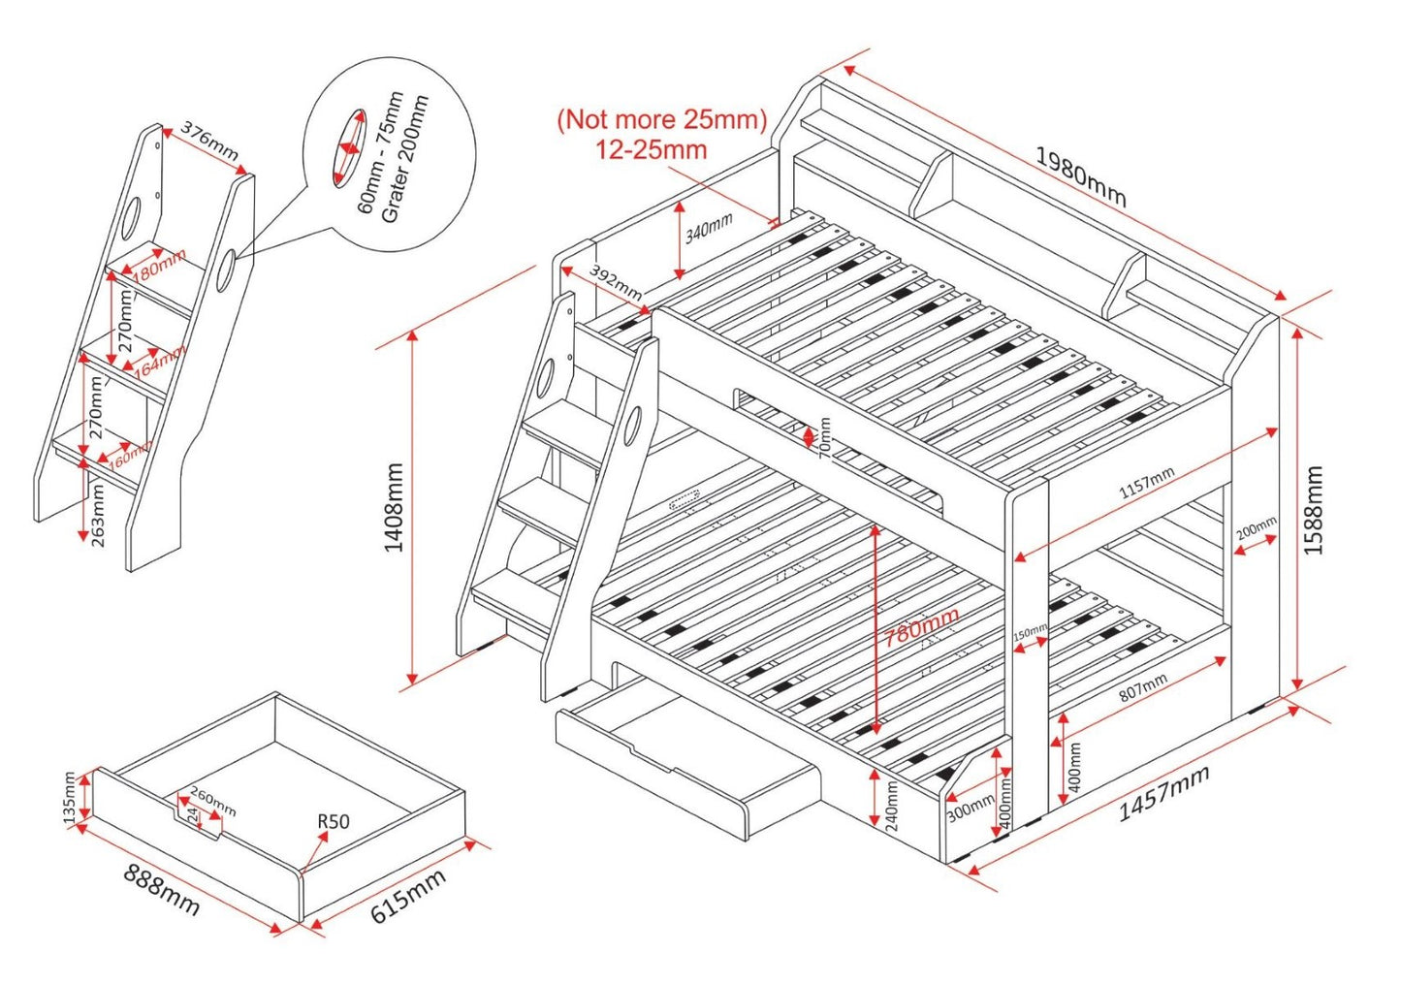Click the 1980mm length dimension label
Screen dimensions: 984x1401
[x=1080, y=176]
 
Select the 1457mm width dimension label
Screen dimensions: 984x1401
[x=1163, y=793]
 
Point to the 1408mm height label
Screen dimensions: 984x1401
[x=394, y=507]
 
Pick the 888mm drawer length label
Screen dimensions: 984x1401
[x=162, y=889]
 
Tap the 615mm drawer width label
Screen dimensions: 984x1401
[x=408, y=897]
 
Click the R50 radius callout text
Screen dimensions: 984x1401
[x=333, y=821]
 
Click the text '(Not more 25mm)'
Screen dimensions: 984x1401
[x=661, y=119]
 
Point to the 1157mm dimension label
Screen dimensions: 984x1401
[x=1146, y=483]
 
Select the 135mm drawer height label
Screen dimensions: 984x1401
[x=69, y=798]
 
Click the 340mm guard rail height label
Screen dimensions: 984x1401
[x=709, y=230]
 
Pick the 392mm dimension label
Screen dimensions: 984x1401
[x=615, y=282]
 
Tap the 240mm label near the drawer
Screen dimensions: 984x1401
[x=892, y=807]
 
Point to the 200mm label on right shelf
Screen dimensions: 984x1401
[x=1256, y=528]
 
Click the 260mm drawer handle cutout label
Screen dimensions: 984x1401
[x=212, y=801]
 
